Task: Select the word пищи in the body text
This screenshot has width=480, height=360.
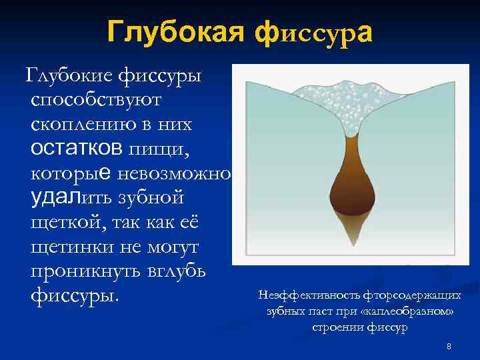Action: pos(159,149)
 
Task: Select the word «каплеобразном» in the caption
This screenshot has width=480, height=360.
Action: pos(414,311)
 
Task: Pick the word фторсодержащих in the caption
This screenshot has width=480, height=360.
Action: pos(405,295)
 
